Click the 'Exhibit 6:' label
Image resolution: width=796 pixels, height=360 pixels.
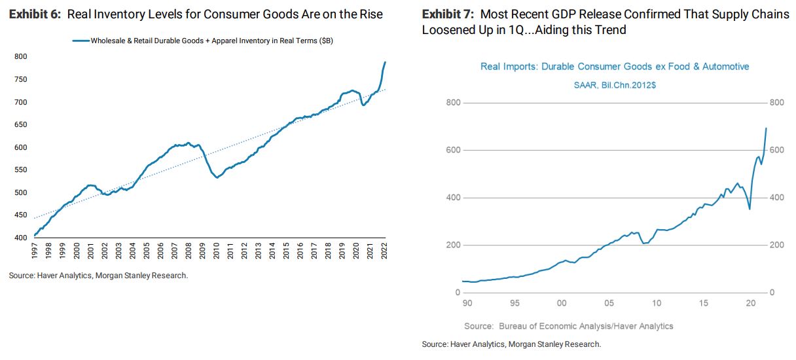click(33, 14)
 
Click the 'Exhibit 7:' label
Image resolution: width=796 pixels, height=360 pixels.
click(448, 14)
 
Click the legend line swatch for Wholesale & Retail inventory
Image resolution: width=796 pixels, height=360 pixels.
click(80, 41)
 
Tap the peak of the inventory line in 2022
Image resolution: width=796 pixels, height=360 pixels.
click(385, 62)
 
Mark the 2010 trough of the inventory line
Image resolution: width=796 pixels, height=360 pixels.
click(217, 177)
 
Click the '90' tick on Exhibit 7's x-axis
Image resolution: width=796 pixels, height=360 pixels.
click(466, 303)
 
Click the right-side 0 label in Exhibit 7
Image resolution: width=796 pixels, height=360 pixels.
click(773, 293)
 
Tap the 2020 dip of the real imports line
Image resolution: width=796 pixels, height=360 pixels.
click(750, 209)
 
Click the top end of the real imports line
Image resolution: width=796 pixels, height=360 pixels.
click(766, 128)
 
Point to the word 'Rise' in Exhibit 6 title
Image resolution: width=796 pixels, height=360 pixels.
click(369, 14)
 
